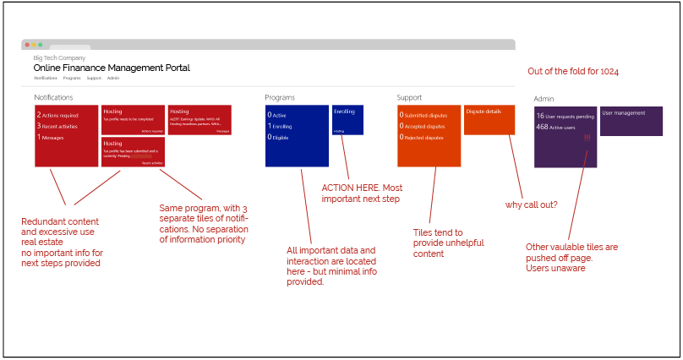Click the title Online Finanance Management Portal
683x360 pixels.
point(112,68)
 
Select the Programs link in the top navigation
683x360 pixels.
point(72,78)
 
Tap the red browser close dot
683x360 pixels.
point(27,44)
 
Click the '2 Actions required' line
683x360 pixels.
point(57,115)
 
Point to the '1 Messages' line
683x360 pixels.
point(51,137)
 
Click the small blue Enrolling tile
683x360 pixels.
point(347,119)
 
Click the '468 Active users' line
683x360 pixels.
point(559,127)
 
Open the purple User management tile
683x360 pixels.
point(631,121)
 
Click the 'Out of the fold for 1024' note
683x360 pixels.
point(572,72)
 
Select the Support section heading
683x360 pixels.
point(409,97)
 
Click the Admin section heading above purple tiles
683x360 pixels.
point(544,100)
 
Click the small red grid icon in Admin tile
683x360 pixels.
point(587,139)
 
